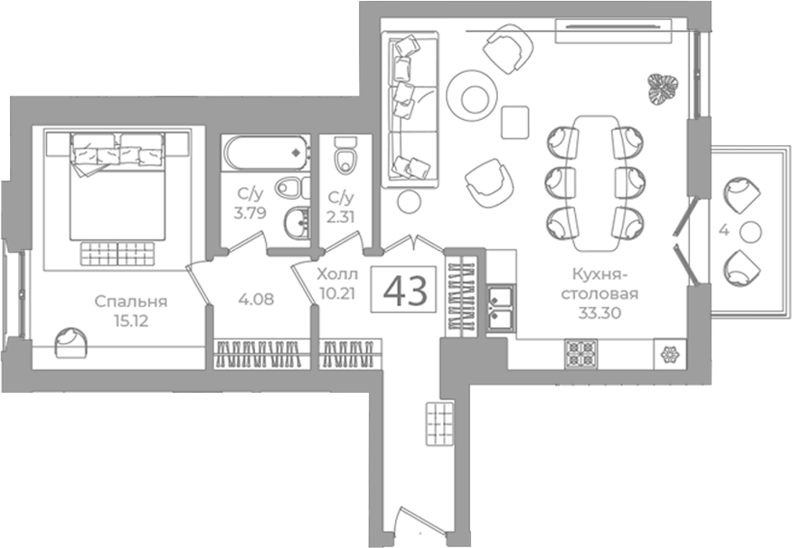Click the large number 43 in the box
[405, 291]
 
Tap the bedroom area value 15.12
[131, 320]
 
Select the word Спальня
[131, 302]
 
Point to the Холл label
[337, 274]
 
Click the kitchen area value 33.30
[599, 313]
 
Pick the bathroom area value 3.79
[250, 213]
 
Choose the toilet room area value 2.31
[341, 217]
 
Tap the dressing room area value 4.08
[256, 299]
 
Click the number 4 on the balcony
[724, 231]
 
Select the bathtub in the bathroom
[266, 153]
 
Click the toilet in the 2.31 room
[345, 154]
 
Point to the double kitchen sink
[501, 309]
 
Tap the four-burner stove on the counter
[580, 354]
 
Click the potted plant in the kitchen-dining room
[664, 89]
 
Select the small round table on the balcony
[750, 232]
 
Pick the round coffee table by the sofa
[473, 96]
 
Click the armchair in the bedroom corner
[71, 342]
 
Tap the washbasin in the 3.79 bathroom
[297, 223]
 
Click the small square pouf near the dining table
[514, 122]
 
